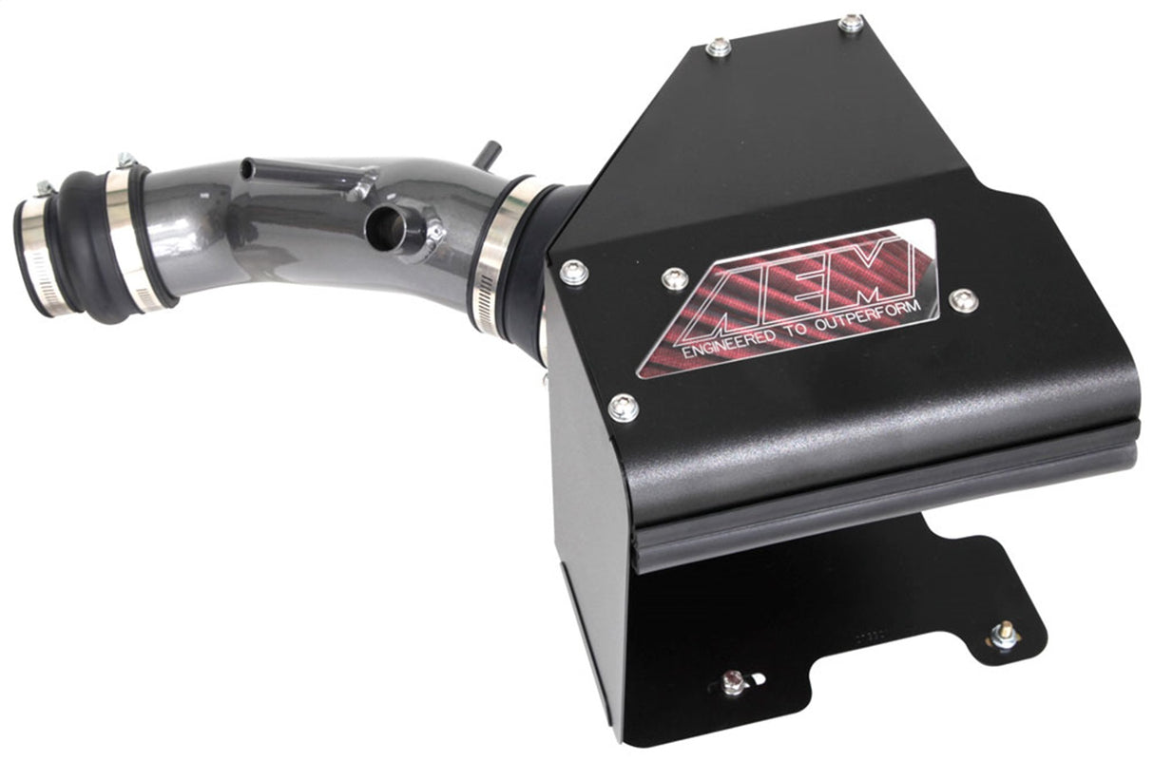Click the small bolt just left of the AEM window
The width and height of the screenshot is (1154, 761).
tap(675, 278)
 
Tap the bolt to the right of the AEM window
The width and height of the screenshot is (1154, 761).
tap(963, 300)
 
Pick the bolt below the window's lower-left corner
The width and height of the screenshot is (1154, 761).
tap(623, 408)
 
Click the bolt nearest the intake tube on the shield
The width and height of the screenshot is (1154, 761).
tap(574, 272)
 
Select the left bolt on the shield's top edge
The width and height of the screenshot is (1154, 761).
tap(720, 46)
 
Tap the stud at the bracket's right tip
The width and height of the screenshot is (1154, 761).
tap(1004, 634)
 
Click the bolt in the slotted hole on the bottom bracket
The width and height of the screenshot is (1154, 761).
tap(733, 681)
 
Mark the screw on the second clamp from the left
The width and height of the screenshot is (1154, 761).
tap(125, 162)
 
